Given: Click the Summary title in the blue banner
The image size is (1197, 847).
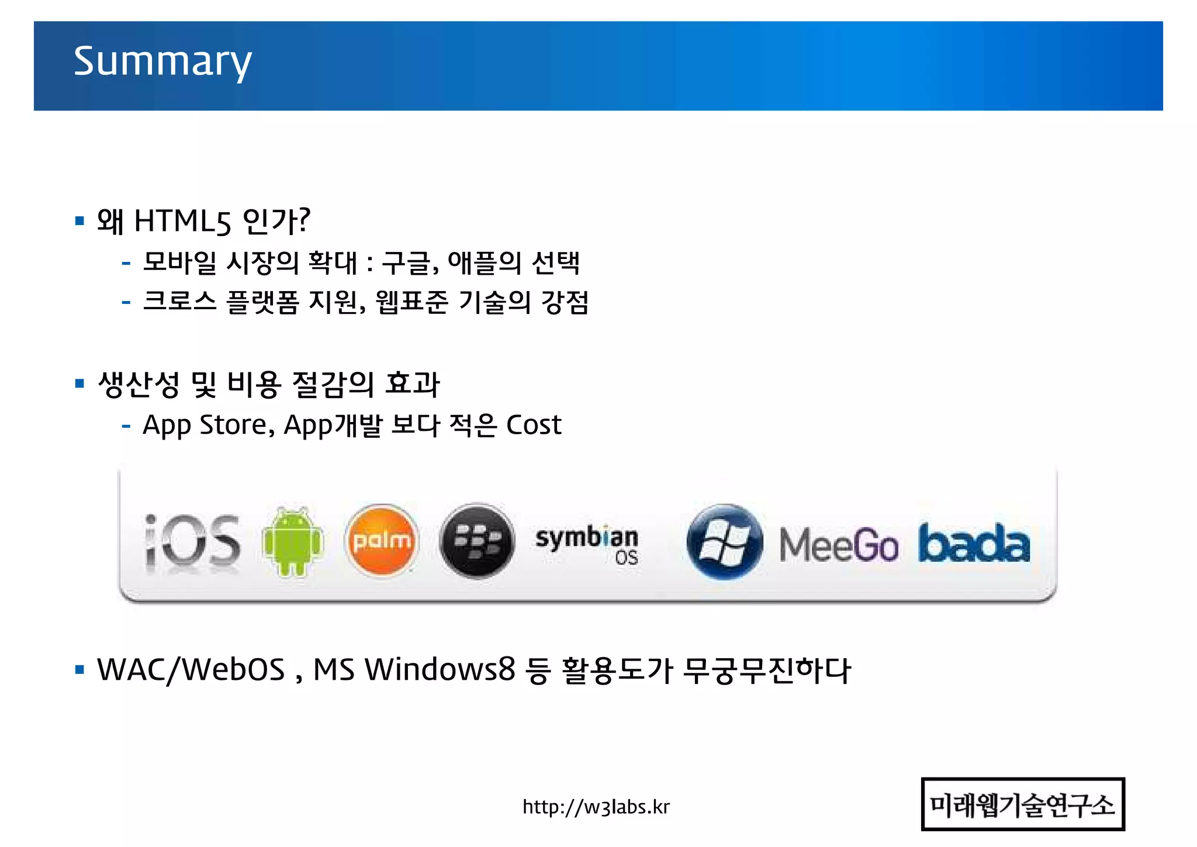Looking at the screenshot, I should pos(162,62).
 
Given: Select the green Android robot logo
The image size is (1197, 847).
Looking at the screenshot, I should pos(292,541).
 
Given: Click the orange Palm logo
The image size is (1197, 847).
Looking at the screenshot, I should pos(382,541).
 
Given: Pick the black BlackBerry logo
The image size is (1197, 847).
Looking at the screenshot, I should pos(477,541).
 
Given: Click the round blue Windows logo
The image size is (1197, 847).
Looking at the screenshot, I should pos(724,541).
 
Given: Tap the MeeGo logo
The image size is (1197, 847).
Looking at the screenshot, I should pos(838,545).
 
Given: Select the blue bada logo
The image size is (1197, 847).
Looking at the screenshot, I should pos(974,544).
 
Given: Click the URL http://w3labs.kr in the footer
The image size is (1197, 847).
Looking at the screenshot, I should pos(596,807).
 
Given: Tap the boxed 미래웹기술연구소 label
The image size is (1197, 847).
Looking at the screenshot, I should pos(1022,804).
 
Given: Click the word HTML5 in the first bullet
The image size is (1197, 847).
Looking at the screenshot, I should pos(183,222).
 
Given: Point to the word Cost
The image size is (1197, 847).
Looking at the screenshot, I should pos(533,425).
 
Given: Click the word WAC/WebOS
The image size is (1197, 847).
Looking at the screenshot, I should pos(191,670).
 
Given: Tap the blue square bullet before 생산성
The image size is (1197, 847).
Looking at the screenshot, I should pos(80,384).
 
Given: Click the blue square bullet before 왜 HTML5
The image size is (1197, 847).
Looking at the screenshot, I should pos(80,221).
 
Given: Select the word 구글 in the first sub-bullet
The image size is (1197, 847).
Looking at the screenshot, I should pos(407,262).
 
